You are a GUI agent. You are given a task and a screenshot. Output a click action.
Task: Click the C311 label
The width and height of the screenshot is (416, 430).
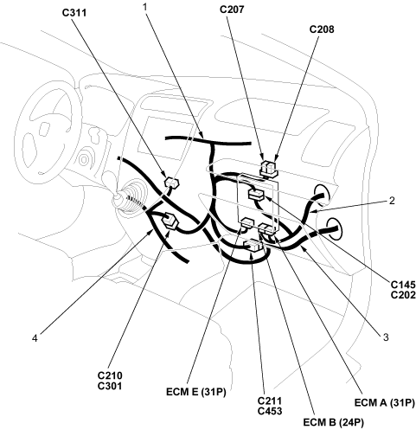coord(74,13)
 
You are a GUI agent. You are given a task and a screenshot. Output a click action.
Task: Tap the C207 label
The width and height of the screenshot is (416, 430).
coord(232,10)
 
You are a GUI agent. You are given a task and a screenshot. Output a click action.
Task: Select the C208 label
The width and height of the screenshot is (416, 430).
coord(322,29)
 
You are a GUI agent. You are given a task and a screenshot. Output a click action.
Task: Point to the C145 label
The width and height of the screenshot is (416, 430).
coord(403,285)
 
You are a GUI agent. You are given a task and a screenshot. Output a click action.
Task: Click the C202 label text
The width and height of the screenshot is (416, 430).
coord(403,295)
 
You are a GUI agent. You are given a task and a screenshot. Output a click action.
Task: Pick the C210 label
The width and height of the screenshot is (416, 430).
coord(110,375)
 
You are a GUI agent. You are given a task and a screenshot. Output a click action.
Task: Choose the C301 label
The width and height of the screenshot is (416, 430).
coord(110,386)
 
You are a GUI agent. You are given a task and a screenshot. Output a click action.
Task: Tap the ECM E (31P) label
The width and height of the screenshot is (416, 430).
coord(196,392)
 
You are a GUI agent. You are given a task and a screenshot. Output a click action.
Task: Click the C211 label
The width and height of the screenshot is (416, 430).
coord(270,401)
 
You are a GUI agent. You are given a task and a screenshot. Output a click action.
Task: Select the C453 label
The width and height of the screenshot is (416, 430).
coord(270,411)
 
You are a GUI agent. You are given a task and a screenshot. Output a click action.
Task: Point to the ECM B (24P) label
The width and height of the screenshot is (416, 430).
coord(333,422)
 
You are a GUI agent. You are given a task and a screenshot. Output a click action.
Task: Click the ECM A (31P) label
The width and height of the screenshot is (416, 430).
coord(385,402)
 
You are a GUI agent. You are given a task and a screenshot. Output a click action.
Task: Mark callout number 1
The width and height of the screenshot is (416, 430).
coord(145,7)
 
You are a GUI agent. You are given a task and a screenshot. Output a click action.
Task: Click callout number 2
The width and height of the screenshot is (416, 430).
coord(392,201)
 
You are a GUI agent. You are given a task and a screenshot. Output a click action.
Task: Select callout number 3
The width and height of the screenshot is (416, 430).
coord(386,337)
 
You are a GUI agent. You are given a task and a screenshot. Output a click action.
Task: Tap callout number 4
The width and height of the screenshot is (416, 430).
coord(35,338)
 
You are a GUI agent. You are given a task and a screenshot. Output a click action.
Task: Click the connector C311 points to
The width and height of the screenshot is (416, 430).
coord(172,183)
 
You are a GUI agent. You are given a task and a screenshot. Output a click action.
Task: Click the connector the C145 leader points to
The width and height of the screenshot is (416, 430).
coord(256,195)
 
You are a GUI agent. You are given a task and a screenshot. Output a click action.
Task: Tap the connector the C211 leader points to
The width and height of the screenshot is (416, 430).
coord(253,246)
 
